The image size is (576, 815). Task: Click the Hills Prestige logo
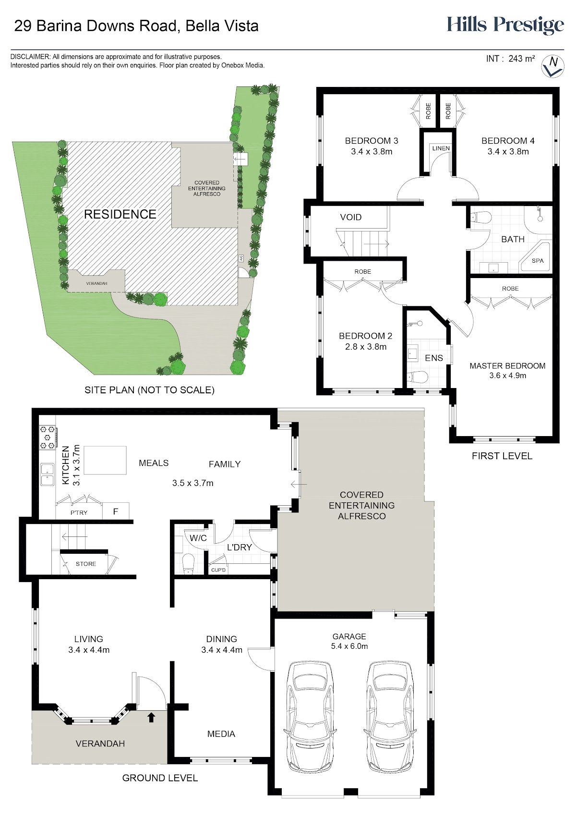[505, 25]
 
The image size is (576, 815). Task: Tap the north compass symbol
[552, 66]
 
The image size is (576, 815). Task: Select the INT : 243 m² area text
[510, 59]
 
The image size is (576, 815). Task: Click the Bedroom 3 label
[371, 140]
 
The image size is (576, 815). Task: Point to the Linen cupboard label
[441, 148]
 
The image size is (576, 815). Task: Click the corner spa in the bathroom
[536, 257]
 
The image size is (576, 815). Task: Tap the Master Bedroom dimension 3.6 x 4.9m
[508, 376]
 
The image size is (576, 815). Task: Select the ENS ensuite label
[434, 358]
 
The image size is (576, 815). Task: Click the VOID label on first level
[350, 217]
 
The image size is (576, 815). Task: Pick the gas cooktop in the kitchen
[47, 438]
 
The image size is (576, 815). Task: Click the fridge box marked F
[116, 511]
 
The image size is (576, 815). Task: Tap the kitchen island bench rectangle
[105, 460]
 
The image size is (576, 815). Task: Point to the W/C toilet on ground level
[188, 564]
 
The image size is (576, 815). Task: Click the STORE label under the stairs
[86, 564]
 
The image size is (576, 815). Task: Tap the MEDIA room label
[221, 734]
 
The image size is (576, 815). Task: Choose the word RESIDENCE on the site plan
[120, 214]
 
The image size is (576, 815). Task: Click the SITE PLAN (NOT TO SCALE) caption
[149, 390]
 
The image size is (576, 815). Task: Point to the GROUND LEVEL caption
[160, 778]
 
